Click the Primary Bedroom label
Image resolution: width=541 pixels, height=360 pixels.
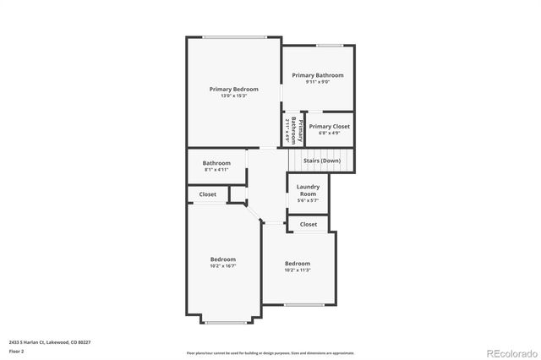(234, 89)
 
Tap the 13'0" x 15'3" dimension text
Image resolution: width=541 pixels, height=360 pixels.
(234, 95)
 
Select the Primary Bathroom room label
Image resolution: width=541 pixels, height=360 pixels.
(318, 75)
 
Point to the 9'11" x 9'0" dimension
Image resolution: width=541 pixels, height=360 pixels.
(318, 82)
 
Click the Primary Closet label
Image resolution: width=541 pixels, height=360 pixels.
(330, 126)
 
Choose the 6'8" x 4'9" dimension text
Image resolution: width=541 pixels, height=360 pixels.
(330, 133)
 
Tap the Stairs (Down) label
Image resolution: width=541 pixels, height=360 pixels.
(322, 160)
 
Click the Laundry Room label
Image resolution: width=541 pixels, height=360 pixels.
(307, 189)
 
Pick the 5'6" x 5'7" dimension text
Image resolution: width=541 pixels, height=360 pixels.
(307, 200)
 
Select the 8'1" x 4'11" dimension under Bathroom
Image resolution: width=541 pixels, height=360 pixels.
(216, 169)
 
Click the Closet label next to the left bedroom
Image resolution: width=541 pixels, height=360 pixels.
(208, 194)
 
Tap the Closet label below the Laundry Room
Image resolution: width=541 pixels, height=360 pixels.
(309, 224)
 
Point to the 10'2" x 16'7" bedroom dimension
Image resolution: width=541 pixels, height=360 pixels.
(223, 265)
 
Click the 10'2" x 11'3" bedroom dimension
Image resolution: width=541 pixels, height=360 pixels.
(298, 270)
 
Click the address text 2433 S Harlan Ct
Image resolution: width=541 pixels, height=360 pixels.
(50, 342)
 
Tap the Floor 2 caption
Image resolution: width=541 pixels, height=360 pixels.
(17, 351)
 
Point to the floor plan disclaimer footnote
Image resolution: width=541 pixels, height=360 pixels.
(270, 352)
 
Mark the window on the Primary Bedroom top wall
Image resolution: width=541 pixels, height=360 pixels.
(234, 36)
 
